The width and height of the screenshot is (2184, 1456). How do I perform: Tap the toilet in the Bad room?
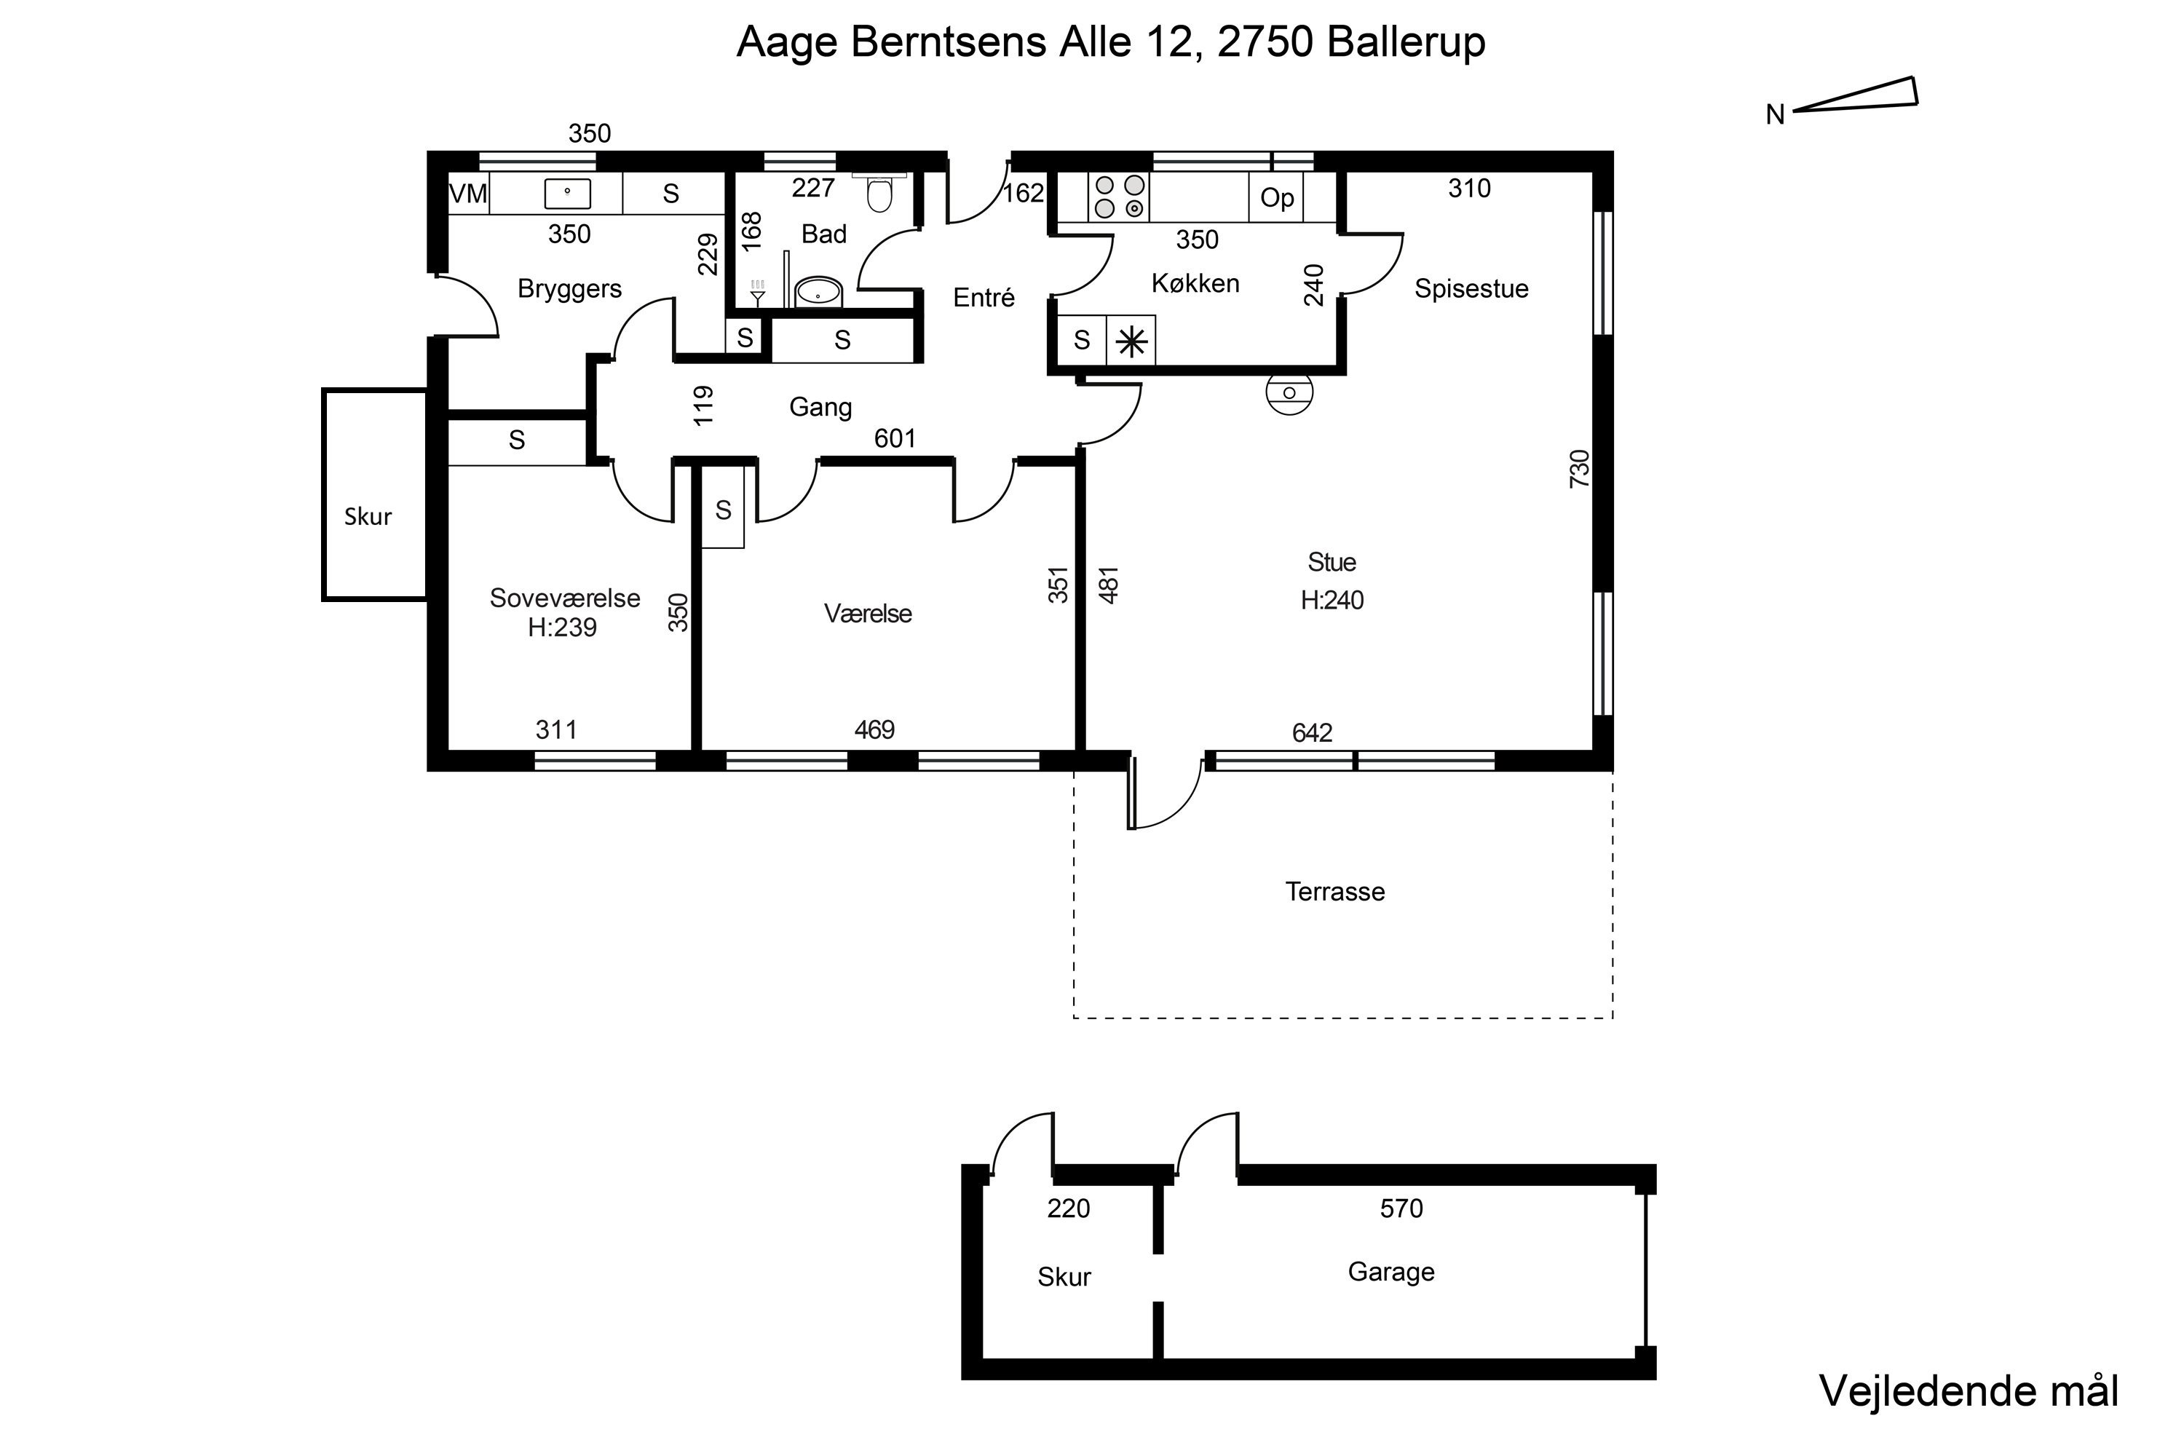(x=879, y=191)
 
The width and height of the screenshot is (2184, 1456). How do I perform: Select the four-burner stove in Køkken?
(x=1119, y=196)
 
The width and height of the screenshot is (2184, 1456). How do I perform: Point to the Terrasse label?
(x=1334, y=891)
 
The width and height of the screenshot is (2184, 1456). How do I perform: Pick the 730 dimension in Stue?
(x=1578, y=468)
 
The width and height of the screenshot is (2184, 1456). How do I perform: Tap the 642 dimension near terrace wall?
(x=1312, y=732)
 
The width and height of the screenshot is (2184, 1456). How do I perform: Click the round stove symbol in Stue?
(x=1289, y=394)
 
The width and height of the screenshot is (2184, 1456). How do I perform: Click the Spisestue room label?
(x=1471, y=289)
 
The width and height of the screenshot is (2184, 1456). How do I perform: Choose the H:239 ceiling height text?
(x=562, y=628)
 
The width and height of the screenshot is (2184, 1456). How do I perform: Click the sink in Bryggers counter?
(x=566, y=193)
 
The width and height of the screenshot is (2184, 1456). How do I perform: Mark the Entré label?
(x=984, y=297)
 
